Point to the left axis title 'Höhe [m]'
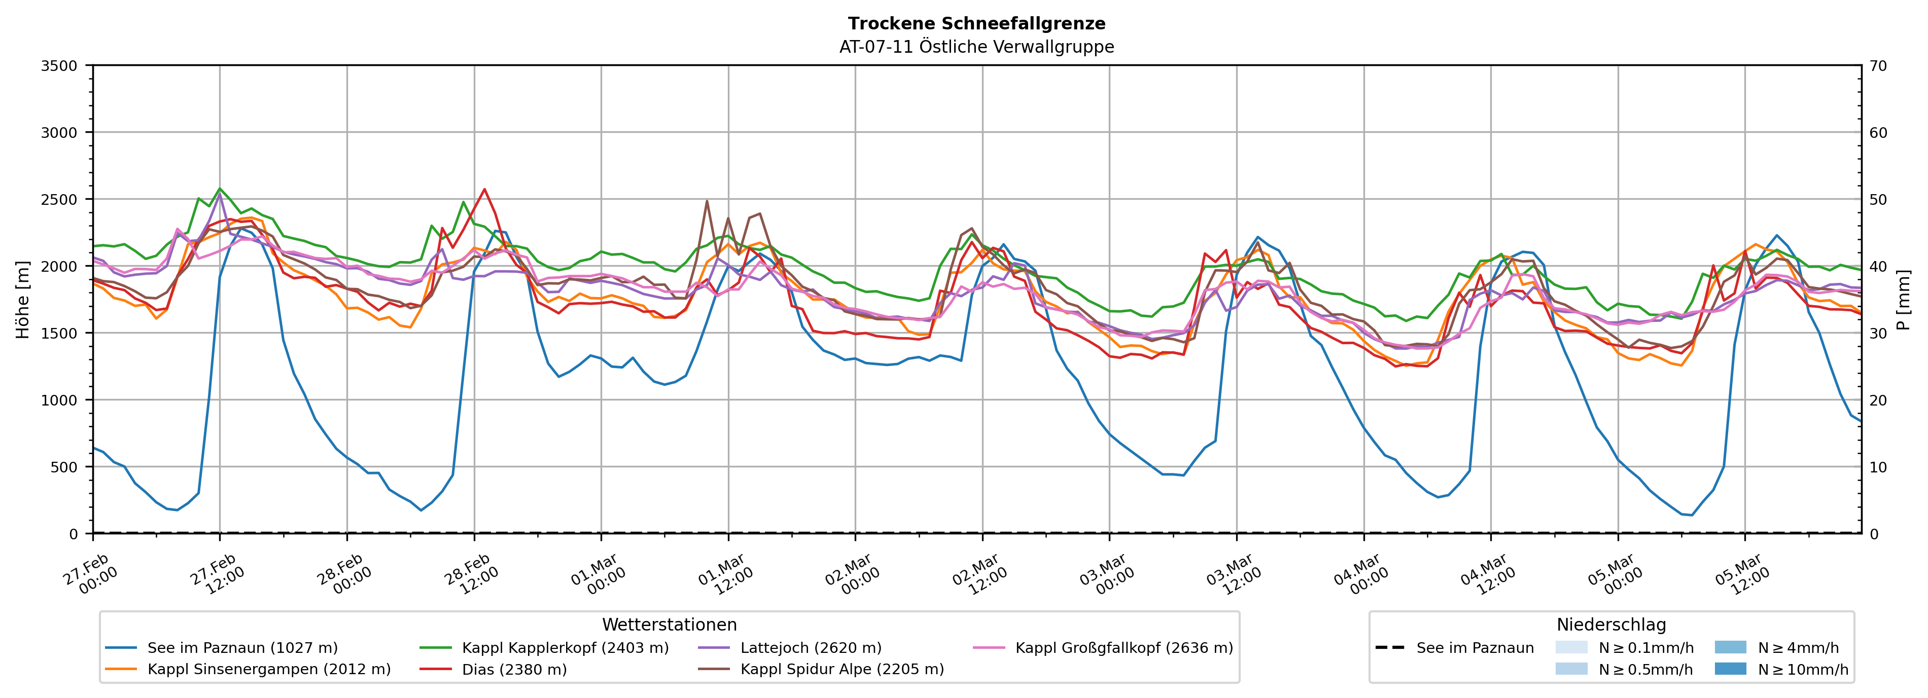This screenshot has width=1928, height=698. pyautogui.click(x=23, y=299)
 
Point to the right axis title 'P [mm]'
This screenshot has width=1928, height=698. pyautogui.click(x=1903, y=299)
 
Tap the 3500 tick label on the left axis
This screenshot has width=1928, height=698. pyautogui.click(x=58, y=66)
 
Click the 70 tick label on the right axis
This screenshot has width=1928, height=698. pyautogui.click(x=1878, y=66)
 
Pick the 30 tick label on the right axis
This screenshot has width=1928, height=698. pyautogui.click(x=1878, y=334)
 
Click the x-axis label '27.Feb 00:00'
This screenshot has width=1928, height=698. pyautogui.click(x=91, y=574)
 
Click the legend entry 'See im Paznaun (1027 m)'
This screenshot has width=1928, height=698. pyautogui.click(x=242, y=648)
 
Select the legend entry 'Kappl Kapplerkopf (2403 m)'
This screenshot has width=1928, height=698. pyautogui.click(x=565, y=648)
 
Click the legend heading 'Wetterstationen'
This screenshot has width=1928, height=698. pyautogui.click(x=669, y=624)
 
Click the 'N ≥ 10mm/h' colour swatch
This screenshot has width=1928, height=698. pyautogui.click(x=1730, y=669)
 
